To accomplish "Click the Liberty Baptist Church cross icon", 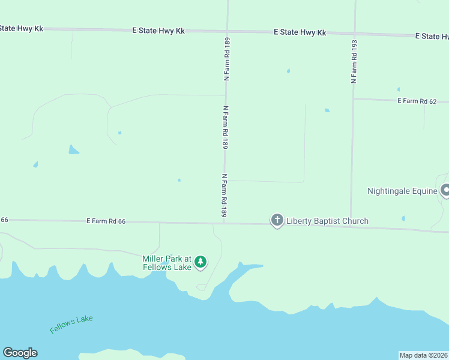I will [x=277, y=221].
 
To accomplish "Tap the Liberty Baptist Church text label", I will [x=327, y=221].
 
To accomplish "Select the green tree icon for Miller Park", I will [x=200, y=262].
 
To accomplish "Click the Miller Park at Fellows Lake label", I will [x=166, y=263].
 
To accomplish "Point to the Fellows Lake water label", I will [x=71, y=325].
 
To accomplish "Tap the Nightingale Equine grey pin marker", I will [x=445, y=191].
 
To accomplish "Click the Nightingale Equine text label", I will [x=402, y=191].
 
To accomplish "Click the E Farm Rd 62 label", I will [x=417, y=101].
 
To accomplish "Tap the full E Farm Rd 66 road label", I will [x=106, y=221].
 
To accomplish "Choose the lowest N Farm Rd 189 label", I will [x=224, y=196].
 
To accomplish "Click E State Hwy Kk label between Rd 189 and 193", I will [x=300, y=32].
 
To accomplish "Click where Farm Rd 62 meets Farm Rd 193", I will [x=353, y=99].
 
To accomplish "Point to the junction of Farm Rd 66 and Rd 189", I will [x=224, y=223].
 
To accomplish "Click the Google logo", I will [x=20, y=353].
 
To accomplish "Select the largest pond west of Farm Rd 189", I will [x=73, y=150].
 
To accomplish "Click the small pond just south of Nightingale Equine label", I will [x=403, y=218].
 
